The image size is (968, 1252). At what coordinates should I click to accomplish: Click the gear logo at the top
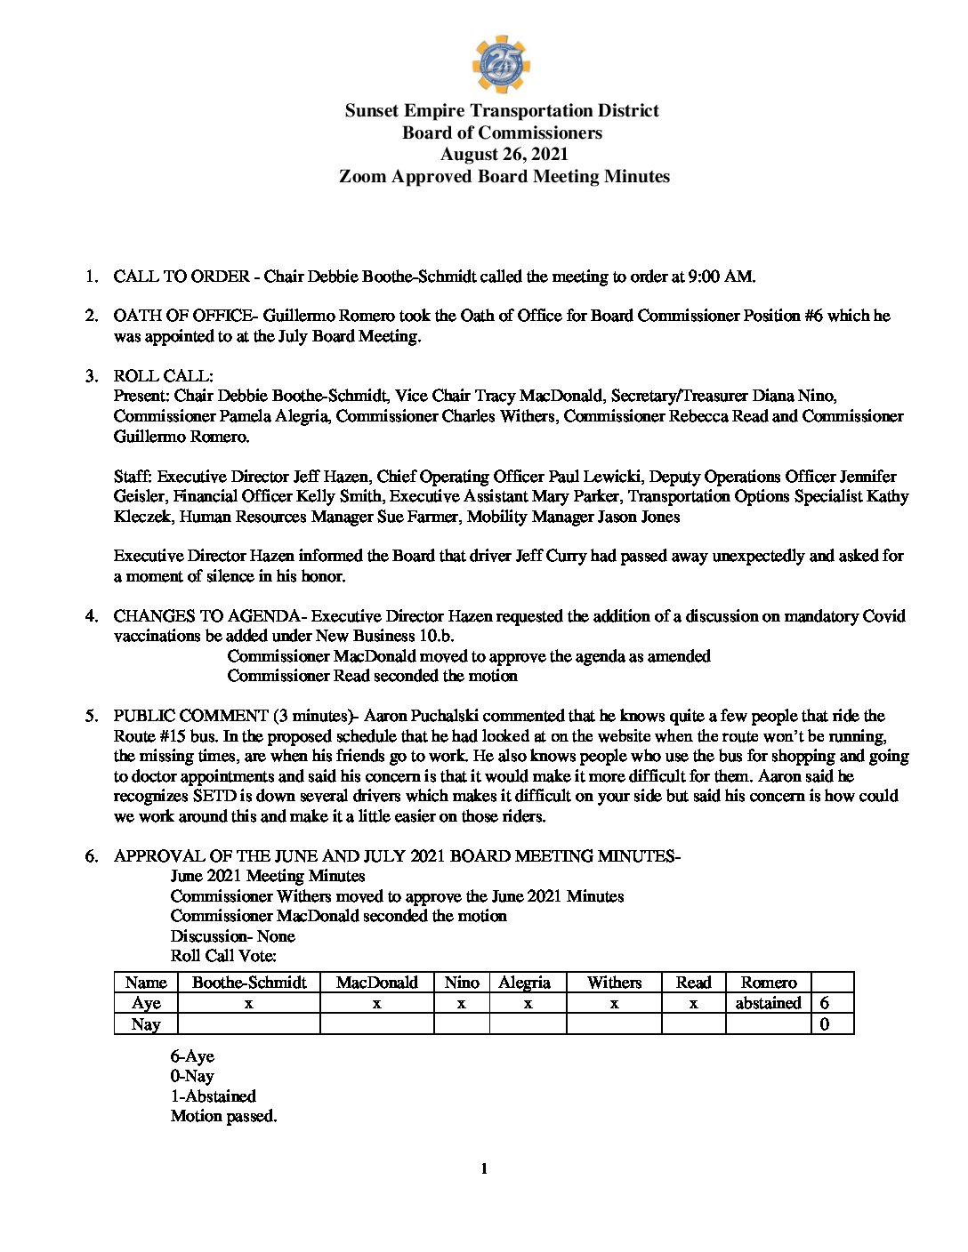click(501, 64)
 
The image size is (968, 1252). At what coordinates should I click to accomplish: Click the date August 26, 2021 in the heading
click(504, 155)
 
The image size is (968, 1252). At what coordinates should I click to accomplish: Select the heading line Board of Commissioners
click(502, 133)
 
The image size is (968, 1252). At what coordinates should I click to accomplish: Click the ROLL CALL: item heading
click(163, 376)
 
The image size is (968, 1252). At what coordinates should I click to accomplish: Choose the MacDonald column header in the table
click(376, 983)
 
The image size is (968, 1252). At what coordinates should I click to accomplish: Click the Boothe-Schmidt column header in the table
click(249, 983)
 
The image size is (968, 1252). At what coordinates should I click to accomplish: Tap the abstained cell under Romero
click(768, 1003)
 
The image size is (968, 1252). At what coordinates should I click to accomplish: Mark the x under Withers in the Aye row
click(614, 1003)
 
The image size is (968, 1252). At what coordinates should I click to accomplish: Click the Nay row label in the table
click(146, 1024)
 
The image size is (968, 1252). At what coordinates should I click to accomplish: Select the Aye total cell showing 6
click(825, 1003)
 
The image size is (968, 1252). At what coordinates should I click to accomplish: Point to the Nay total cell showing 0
click(825, 1024)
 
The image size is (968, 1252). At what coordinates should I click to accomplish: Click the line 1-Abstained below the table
click(214, 1096)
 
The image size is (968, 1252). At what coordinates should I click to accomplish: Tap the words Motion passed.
click(223, 1116)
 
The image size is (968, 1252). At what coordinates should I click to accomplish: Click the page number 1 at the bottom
click(484, 1168)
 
